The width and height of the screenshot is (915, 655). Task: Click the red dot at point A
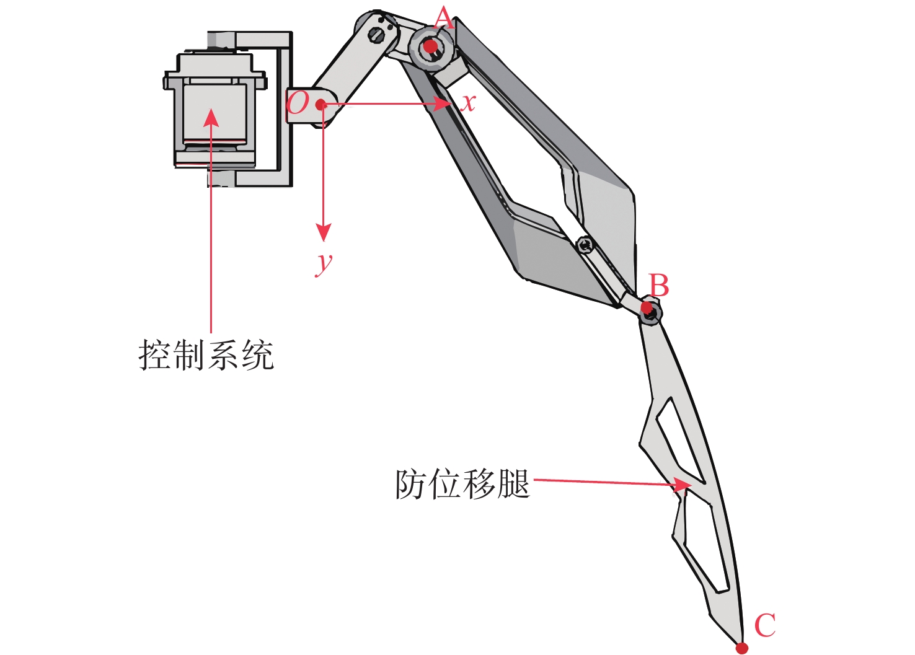click(430, 46)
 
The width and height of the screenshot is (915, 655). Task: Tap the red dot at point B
click(647, 307)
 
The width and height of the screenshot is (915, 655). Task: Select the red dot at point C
click(741, 648)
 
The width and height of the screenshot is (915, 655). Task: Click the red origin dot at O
click(320, 105)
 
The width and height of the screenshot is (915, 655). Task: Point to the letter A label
click(444, 19)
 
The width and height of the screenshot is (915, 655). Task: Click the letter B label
click(659, 286)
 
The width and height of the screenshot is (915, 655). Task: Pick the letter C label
click(765, 625)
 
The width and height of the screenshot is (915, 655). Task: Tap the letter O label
click(298, 102)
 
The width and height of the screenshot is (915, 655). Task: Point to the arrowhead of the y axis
click(323, 232)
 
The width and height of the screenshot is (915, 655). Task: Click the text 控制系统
click(206, 355)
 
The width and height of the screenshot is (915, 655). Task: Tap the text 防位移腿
click(462, 484)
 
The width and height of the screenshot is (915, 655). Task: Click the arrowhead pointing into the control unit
click(211, 117)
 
